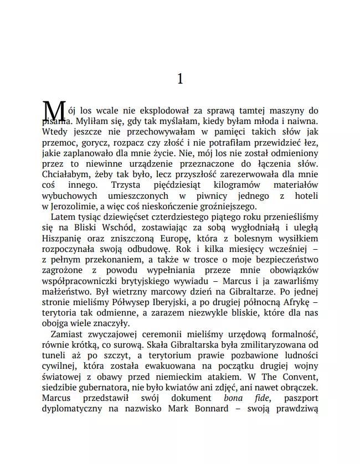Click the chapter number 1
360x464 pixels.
tap(179, 79)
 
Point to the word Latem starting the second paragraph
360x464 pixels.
tap(63, 218)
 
